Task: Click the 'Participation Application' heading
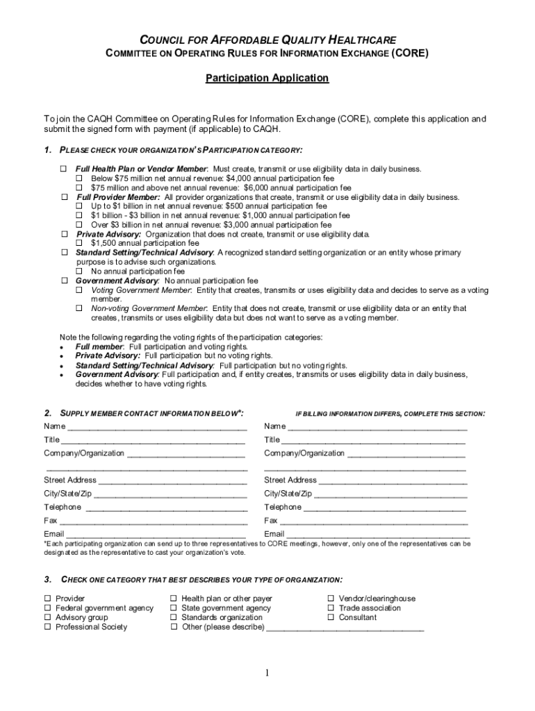pos(267,78)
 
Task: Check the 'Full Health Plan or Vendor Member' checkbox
pos(63,169)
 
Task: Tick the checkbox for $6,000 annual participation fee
pos(79,188)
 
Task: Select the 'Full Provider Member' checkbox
pos(63,197)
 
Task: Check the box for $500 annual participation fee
pos(79,207)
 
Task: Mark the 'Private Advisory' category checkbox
pos(63,235)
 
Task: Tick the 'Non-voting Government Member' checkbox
pos(79,308)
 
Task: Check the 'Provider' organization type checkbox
pos(48,599)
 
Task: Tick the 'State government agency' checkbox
pos(174,608)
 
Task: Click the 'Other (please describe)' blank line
pos(345,628)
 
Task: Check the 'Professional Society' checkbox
pos(48,627)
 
